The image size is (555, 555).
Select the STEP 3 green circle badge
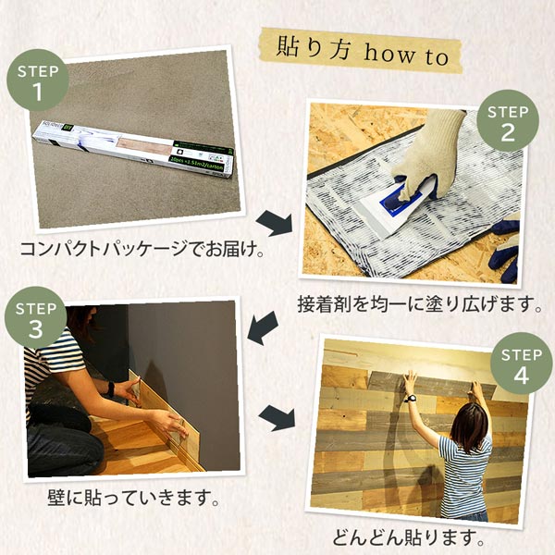[x=36, y=318]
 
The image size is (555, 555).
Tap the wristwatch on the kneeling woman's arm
[x=110, y=388]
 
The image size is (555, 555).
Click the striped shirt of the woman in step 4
[x=462, y=471]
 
